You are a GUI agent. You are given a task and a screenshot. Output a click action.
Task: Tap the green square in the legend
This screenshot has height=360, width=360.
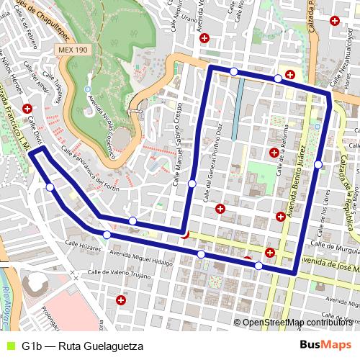click(x=9, y=346)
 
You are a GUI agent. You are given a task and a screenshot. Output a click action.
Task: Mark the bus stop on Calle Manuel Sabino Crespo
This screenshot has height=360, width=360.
click(x=192, y=184)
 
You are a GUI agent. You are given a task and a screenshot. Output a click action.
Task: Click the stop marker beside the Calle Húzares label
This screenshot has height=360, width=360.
click(x=107, y=235)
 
